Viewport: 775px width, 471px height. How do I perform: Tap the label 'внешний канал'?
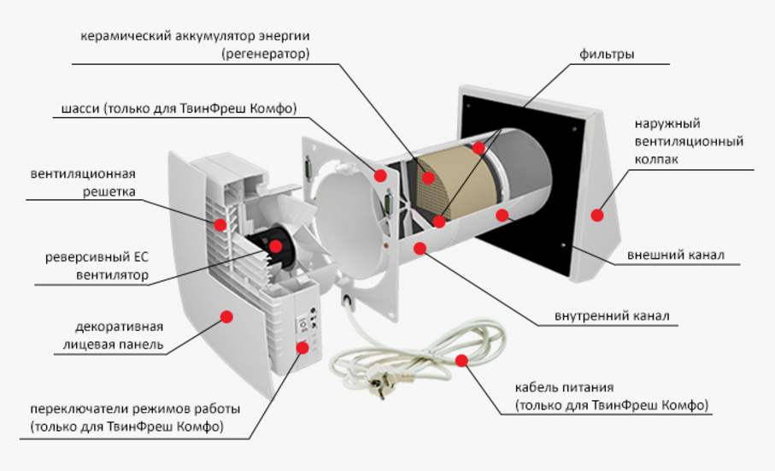click(x=676, y=255)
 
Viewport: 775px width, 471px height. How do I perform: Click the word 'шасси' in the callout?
click(x=80, y=109)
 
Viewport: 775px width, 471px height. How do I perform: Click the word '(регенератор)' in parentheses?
click(x=266, y=53)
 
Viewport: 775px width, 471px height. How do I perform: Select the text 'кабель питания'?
click(x=565, y=386)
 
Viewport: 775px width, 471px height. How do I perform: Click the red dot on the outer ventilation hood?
click(x=597, y=215)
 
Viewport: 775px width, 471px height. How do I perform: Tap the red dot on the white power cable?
click(x=461, y=360)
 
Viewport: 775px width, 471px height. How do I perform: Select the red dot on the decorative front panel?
click(x=226, y=317)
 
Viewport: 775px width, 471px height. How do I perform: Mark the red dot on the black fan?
click(x=276, y=245)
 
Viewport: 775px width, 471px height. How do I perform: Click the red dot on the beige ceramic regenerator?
click(x=427, y=178)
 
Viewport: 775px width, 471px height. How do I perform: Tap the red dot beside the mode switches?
click(x=303, y=348)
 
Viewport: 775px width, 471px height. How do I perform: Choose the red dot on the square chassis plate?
click(x=380, y=175)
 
